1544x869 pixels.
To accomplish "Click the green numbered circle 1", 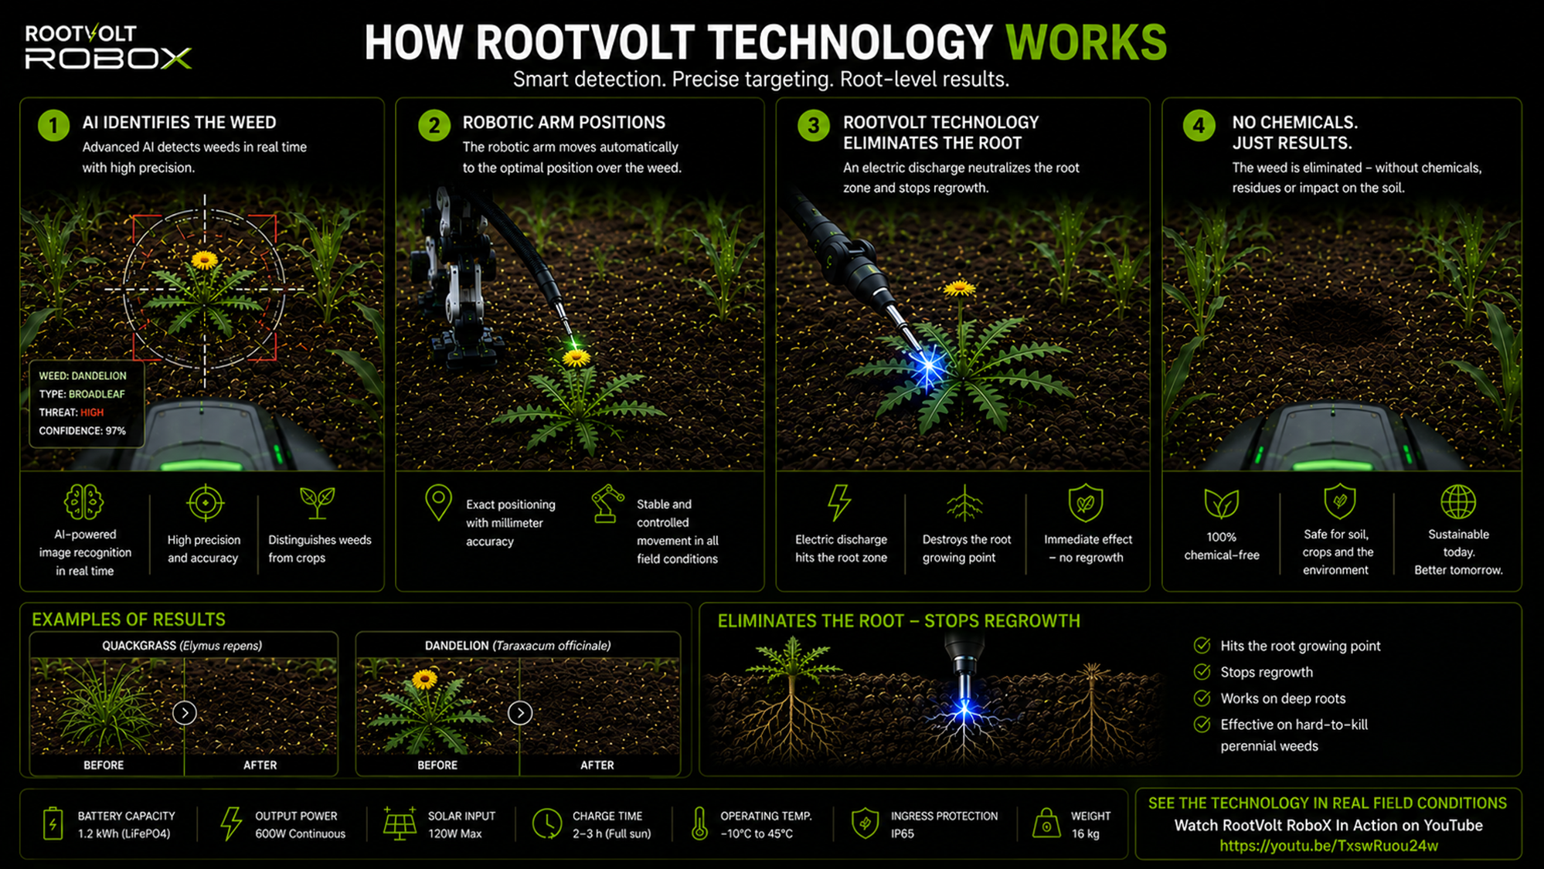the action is pos(53,125).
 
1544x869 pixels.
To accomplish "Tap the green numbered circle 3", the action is pos(814,125).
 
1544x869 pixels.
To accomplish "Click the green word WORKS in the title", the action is pos(1086,42).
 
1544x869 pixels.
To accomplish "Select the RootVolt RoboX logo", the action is pos(108,47).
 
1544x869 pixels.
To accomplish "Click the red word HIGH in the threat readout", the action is pos(92,412).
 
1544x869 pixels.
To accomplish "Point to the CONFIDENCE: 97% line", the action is pos(83,431).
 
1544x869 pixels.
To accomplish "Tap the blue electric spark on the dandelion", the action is pos(928,368).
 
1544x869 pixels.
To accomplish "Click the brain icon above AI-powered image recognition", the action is pos(84,502).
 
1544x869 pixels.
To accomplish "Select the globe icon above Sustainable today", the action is pos(1458,502).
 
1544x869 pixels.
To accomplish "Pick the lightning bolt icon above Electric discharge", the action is pos(839,503).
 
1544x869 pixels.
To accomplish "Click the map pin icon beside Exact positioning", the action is pos(438,503).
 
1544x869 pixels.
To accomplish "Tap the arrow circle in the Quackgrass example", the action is pos(184,712).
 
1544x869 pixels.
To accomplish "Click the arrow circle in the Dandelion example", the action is pos(520,712).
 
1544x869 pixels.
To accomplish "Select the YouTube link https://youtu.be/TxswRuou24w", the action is pos(1329,846).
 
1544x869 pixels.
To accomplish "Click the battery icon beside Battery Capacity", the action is pos(53,823).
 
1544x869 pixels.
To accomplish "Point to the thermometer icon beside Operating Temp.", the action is pos(699,823).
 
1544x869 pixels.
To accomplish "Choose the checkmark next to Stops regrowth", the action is pos(1202,672).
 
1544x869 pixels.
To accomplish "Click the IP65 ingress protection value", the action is pos(903,834).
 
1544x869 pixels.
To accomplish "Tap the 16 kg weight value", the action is pos(1085,834).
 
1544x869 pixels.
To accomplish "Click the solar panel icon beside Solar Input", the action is pos(400,823).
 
